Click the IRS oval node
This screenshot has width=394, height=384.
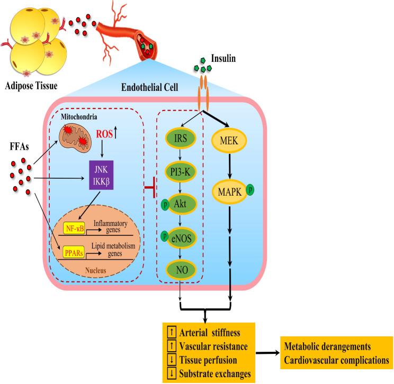coord(181,138)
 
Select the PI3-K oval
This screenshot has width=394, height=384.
coord(181,172)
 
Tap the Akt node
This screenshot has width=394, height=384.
coord(182,204)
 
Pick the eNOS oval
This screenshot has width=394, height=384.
coord(182,238)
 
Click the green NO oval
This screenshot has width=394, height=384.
coord(182,270)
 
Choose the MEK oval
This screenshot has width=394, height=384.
coord(229,141)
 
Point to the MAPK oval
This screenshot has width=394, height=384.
coord(230,192)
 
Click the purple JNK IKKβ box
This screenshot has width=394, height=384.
coord(101,175)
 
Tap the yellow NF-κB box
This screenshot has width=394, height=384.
coord(74,228)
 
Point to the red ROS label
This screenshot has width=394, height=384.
coord(104,134)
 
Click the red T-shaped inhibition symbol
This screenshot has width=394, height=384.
coord(151,187)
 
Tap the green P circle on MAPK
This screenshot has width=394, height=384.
coord(250,189)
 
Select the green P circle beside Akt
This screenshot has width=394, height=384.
coord(165,205)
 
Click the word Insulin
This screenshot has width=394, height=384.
coord(223,58)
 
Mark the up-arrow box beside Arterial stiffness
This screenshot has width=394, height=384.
coord(172,332)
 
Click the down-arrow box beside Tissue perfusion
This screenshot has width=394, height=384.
coord(172,360)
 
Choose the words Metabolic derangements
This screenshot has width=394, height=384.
coord(327,346)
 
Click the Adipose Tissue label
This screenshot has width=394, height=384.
coord(31,86)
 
